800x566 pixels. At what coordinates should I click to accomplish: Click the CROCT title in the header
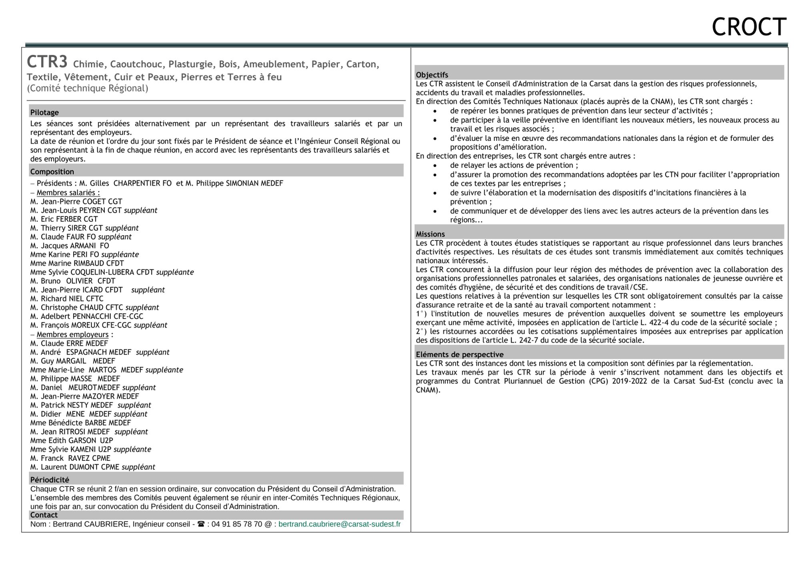749,27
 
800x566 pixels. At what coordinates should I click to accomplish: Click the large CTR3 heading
47,62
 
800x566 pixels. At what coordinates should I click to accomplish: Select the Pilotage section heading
44,112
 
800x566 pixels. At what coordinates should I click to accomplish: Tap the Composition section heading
52,172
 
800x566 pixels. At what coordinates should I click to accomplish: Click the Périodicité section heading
50,480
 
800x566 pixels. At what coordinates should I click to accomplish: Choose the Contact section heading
44,515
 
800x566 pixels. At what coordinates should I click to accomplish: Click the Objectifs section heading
432,75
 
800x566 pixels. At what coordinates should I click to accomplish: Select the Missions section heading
430,234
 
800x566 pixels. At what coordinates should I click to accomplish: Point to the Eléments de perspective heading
460,354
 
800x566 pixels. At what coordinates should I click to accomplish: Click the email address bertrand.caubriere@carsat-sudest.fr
339,524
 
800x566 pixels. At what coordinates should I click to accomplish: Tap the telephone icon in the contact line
201,524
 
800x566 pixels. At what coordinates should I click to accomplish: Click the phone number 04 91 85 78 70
237,524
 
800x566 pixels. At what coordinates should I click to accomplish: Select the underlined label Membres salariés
68,192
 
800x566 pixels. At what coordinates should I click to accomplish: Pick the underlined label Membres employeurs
72,334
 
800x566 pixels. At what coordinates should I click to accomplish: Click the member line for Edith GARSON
72,440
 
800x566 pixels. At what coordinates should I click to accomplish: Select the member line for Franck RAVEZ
70,458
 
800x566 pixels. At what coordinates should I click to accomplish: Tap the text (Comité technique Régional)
87,88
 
